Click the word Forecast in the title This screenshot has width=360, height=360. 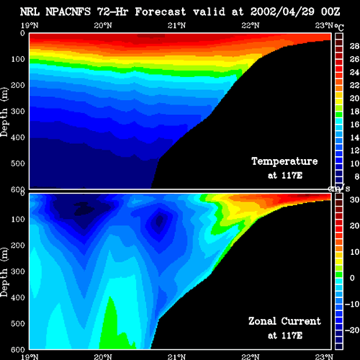tap(160, 12)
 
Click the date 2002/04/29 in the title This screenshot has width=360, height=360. tap(282, 12)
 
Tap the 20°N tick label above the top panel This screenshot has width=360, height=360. tap(103, 25)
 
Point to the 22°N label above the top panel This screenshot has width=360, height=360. tap(251, 25)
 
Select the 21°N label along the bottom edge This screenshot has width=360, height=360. tap(176, 356)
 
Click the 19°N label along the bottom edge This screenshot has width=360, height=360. tap(30, 356)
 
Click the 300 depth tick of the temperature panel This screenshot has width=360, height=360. tap(18, 112)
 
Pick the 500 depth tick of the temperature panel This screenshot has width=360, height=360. tap(18, 163)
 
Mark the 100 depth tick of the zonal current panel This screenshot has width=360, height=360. tap(18, 219)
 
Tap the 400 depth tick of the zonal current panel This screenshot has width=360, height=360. tap(18, 297)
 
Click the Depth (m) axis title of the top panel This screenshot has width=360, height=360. tap(4, 112)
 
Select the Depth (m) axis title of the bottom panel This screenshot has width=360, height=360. tap(4, 272)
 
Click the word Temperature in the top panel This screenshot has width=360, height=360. tap(284, 161)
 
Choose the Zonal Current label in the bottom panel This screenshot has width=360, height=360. tap(284, 321)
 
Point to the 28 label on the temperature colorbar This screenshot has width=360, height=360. tap(354, 46)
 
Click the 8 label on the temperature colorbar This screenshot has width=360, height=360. tap(356, 176)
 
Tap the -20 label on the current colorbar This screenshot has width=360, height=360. tap(352, 330)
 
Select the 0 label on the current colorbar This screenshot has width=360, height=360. tap(352, 278)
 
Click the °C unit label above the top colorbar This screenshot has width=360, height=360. tap(339, 27)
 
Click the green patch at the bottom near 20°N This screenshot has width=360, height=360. tap(113, 329)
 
